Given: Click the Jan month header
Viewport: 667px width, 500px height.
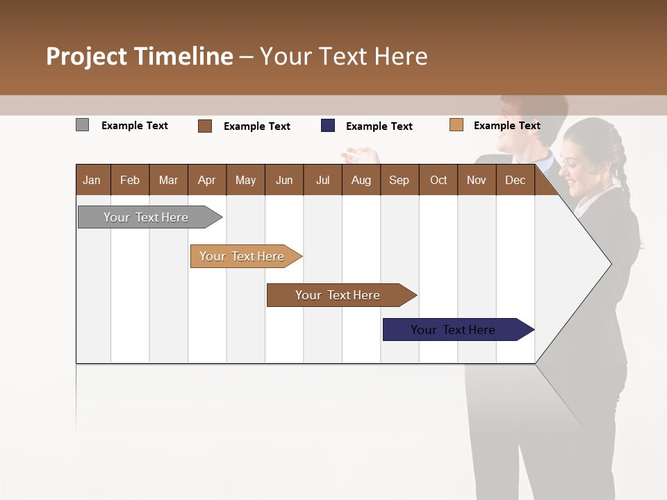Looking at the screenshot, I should pyautogui.click(x=92, y=181).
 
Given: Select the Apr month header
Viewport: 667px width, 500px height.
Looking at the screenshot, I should pyautogui.click(x=207, y=181).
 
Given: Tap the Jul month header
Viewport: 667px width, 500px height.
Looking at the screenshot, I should pyautogui.click(x=322, y=181).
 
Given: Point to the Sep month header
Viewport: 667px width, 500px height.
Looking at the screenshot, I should pyautogui.click(x=400, y=181).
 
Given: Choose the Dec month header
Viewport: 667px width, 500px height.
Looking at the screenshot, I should pyautogui.click(x=515, y=181).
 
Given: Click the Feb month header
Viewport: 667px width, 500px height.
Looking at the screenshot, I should pyautogui.click(x=130, y=181).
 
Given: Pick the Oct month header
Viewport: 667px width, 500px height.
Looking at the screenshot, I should pyautogui.click(x=438, y=181).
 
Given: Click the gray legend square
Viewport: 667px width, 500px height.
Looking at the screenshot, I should pyautogui.click(x=83, y=125).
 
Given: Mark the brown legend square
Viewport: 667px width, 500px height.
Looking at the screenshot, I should pyautogui.click(x=205, y=126).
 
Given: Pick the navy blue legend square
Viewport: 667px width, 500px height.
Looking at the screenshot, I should pyautogui.click(x=328, y=126).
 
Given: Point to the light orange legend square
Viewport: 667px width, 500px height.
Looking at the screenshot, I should pyautogui.click(x=456, y=125).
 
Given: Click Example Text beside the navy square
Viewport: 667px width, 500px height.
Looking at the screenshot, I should pyautogui.click(x=379, y=126).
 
